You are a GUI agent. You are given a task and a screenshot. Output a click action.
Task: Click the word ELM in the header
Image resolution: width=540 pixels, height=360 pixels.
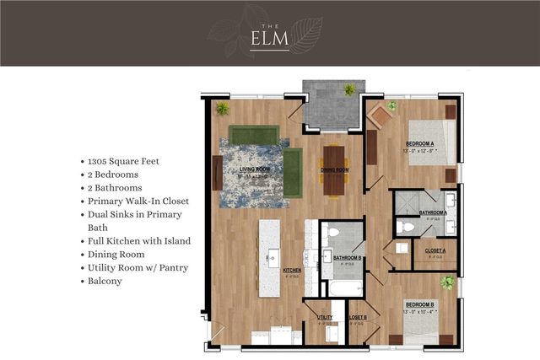269,39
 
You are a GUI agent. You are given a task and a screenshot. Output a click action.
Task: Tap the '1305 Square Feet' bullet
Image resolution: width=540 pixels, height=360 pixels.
121,160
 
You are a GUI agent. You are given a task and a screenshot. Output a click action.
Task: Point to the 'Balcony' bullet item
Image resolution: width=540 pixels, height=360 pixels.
105,281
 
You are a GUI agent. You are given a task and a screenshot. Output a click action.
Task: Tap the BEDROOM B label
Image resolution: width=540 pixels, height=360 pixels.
419,304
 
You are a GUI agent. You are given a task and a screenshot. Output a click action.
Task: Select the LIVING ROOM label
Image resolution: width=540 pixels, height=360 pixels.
256,169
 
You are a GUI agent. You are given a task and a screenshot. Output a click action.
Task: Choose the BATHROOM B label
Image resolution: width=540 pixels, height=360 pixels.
348,257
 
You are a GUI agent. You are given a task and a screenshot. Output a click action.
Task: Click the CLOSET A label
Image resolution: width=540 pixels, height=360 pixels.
435,251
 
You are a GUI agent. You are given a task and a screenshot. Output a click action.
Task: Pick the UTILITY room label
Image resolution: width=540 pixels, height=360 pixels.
325,317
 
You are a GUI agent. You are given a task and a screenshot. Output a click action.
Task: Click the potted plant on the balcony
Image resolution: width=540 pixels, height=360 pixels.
348,89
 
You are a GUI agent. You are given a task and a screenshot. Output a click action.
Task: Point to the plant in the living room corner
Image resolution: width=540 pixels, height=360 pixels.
222,108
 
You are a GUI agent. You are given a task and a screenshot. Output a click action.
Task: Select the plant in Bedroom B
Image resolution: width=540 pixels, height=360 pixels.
446,283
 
